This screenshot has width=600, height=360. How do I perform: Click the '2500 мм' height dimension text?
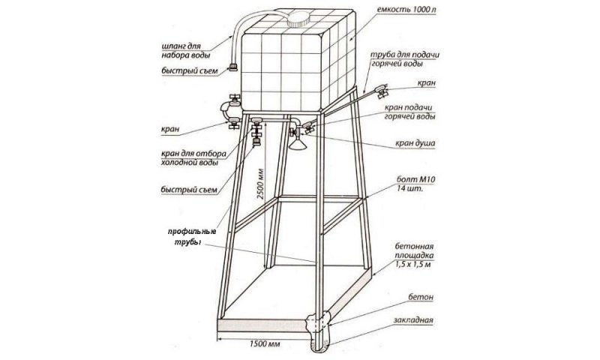coord(260,184)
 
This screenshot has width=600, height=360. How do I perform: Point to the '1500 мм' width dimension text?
coord(265,344)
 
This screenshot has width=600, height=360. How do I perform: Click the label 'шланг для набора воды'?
coord(185,50)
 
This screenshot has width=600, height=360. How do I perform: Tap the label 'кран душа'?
coord(415,143)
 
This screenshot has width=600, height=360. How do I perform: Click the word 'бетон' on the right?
coord(421,297)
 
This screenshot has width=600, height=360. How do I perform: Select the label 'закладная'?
coord(413,320)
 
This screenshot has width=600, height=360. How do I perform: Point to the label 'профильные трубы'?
coord(191,237)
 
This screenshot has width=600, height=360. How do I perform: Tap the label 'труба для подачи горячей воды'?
coord(404,59)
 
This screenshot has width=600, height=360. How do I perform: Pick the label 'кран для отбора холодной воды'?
coord(193,158)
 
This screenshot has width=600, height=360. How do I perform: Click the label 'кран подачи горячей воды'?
coord(409,112)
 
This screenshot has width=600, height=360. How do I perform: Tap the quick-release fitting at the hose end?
coord(233,67)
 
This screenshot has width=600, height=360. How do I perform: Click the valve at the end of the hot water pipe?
coord(382,91)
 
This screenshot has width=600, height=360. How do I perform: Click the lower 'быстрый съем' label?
coord(189,190)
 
